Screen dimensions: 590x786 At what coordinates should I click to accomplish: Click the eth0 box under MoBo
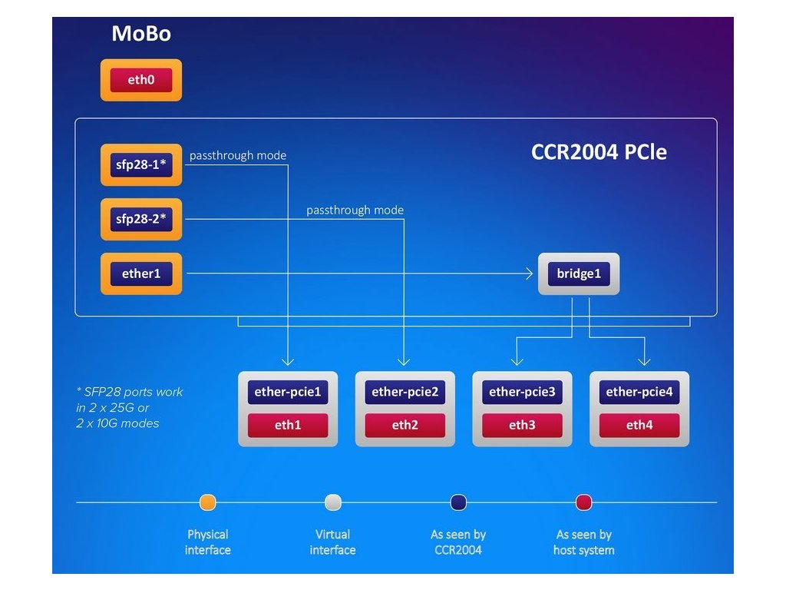coord(141,80)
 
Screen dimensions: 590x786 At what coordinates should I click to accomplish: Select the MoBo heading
coord(141,34)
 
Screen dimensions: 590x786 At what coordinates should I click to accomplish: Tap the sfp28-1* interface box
coord(141,164)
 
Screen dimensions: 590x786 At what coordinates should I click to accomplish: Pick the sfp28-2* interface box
coord(141,219)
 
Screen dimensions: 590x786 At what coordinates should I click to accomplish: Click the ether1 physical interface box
coord(141,273)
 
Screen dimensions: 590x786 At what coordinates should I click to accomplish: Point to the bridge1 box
coord(578,273)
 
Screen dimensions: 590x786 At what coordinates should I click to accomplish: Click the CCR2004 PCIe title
coord(599,152)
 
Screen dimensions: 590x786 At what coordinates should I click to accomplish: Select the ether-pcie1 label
coord(287,392)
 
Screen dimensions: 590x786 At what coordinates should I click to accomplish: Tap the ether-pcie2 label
coord(405,392)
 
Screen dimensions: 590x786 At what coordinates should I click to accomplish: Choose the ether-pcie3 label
coord(522,392)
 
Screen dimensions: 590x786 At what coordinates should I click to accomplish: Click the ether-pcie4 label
coord(639,392)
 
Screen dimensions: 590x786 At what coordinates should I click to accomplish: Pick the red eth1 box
coord(287,425)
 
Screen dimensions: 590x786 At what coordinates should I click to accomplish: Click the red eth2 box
coord(405,425)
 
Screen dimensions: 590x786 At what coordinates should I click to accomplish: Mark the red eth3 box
coord(522,425)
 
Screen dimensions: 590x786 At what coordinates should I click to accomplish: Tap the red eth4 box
coord(639,425)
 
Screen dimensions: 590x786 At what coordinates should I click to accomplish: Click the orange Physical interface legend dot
coord(207,502)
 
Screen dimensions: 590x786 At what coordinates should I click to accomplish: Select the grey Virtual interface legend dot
coord(332,502)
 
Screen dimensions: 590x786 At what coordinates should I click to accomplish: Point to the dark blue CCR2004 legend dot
coord(458,502)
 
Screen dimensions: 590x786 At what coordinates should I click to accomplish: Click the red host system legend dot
coord(583,502)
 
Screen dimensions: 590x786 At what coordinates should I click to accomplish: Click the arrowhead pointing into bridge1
coord(530,273)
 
